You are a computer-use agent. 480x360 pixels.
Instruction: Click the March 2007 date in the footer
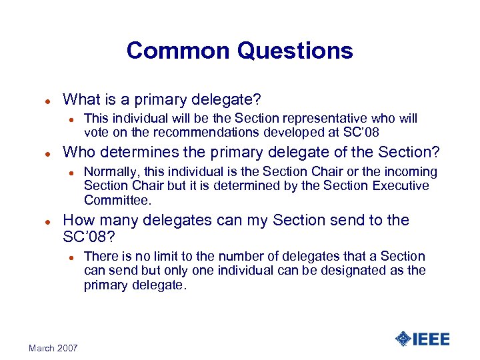[x=53, y=348]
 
